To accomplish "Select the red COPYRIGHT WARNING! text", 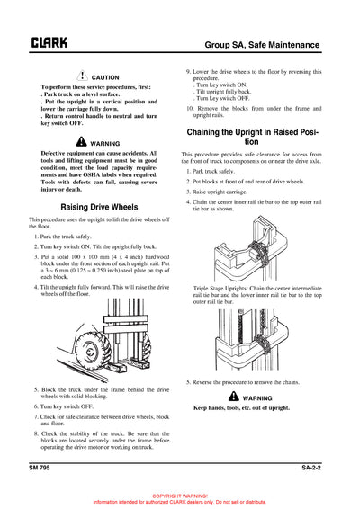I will click(180, 496).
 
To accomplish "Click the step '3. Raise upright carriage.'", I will click(221, 192).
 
